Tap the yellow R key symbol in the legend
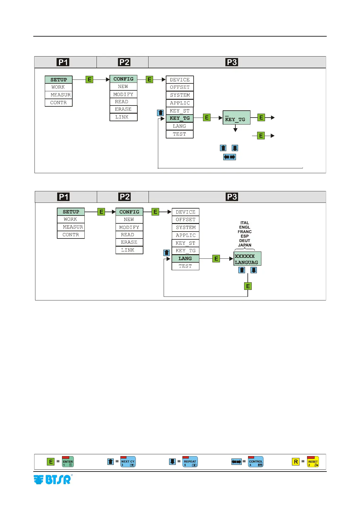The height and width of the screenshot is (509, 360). point(296,462)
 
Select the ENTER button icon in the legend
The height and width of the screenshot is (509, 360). point(68,462)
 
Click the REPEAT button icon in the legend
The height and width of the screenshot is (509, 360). point(190,462)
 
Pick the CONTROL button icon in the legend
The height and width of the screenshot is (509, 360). point(256,462)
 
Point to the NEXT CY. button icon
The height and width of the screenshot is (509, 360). point(128,462)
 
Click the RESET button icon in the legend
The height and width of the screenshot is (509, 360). point(313,462)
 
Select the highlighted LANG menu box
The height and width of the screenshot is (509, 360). point(185,258)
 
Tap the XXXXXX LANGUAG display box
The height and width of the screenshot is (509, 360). point(247,259)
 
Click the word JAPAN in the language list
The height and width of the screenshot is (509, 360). point(244,245)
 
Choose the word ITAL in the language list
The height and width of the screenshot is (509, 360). point(244,223)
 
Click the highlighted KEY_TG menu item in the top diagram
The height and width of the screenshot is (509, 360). point(180,118)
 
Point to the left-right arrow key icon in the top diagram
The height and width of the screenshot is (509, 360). point(229,157)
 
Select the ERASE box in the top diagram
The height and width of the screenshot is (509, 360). point(123,109)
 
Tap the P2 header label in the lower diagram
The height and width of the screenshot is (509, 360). point(125,197)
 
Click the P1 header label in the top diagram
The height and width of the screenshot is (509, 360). point(63,62)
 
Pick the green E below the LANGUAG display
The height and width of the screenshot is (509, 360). point(248,286)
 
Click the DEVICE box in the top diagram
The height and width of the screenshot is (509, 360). point(180,80)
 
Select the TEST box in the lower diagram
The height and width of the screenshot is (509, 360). point(185,266)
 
